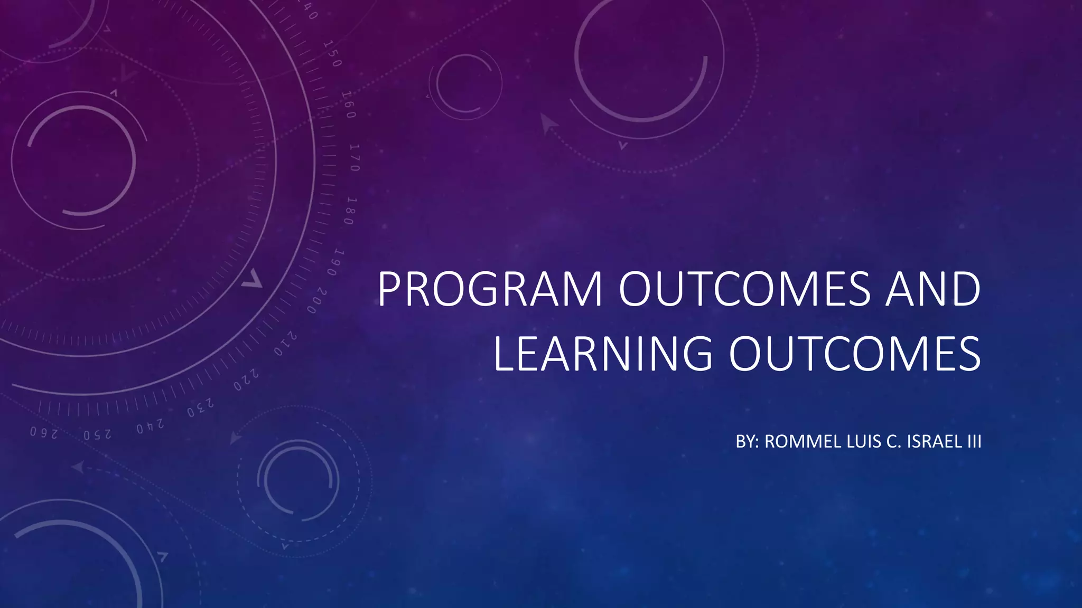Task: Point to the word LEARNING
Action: tap(602, 354)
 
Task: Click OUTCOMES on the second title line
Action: tap(854, 354)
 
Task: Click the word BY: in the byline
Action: tap(747, 441)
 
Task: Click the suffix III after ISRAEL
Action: tap(974, 441)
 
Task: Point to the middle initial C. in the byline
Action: tap(893, 441)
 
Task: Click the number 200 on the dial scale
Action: tap(316, 301)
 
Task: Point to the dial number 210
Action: tap(285, 344)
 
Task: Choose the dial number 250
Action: tap(97, 435)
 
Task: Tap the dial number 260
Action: tap(43, 433)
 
